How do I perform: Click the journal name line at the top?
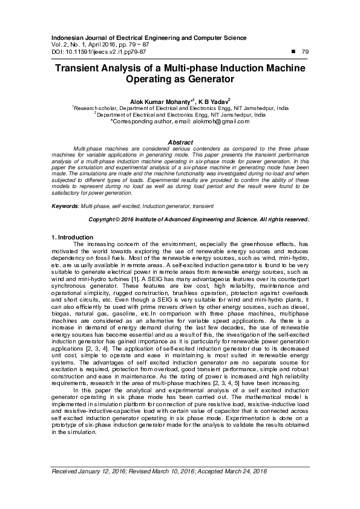tap(146, 37)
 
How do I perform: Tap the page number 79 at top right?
tap(305, 52)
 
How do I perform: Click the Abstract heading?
tap(180, 141)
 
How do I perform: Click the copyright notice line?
tap(199, 219)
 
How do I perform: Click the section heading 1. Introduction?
tap(71, 236)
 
